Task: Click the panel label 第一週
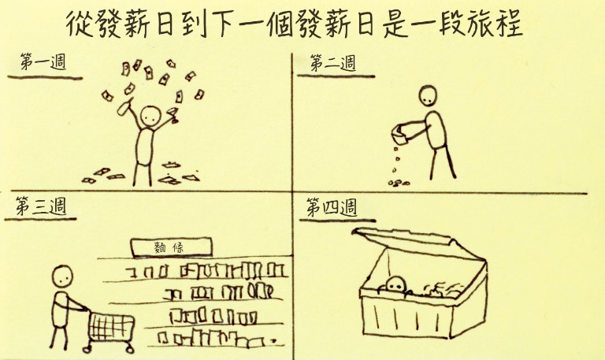43,63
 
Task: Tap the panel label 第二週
332,63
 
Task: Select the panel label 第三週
41,206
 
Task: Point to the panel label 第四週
332,208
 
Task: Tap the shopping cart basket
111,326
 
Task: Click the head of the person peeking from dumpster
395,284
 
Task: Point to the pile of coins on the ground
399,182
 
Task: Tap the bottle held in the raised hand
124,106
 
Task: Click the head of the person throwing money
150,116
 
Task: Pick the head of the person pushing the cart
62,276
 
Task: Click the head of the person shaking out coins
428,95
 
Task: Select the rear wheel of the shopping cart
130,350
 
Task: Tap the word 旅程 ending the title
495,24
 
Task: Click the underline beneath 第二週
336,76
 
